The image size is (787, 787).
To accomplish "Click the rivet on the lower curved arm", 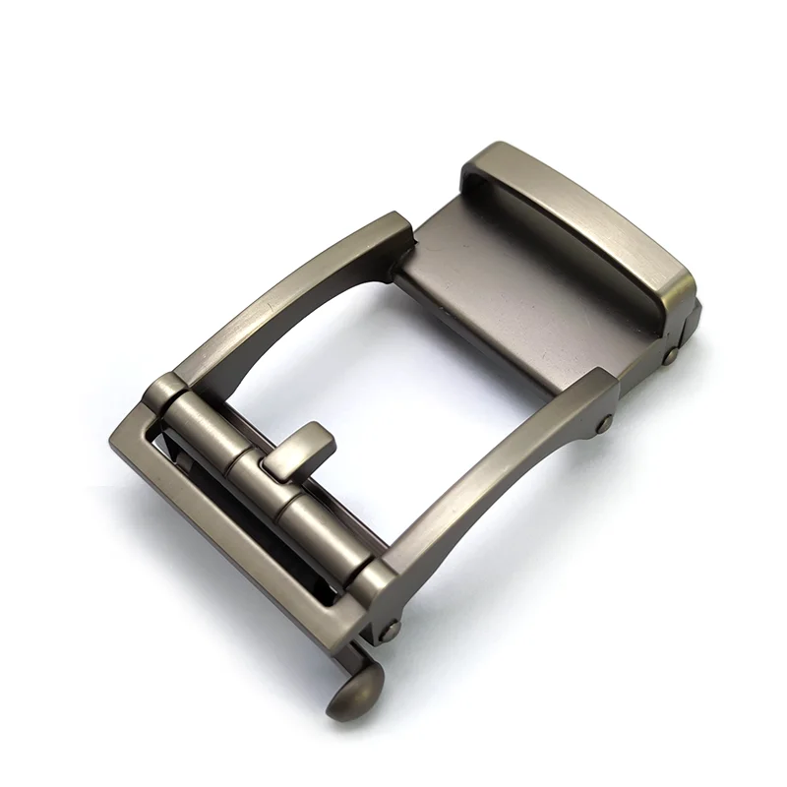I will (604, 424).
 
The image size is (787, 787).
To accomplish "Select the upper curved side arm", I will (285, 295).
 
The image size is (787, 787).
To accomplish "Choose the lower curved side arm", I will (492, 492).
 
